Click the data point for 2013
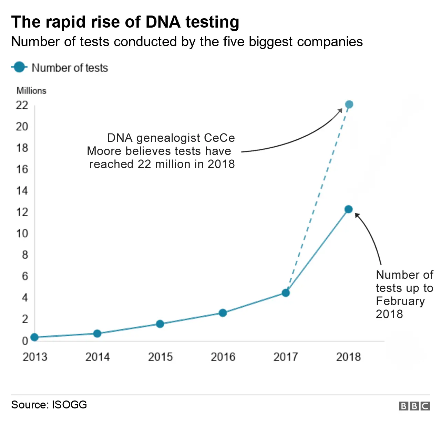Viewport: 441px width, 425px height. [x=34, y=337]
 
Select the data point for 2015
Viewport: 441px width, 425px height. [x=160, y=324]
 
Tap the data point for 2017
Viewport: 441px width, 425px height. [x=286, y=293]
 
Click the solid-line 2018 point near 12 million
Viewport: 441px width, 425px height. [x=348, y=209]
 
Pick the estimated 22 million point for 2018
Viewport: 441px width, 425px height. [x=349, y=105]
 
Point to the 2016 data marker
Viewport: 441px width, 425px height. [x=223, y=313]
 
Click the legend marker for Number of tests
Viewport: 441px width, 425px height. [x=19, y=67]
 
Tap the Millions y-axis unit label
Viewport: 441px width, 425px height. [x=31, y=91]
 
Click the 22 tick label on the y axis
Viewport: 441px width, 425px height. [x=22, y=105]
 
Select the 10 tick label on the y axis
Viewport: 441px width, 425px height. [x=22, y=234]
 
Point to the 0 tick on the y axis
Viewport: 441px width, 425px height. [x=25, y=341]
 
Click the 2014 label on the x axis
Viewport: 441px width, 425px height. [x=98, y=357]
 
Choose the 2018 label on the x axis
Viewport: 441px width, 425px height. [x=348, y=357]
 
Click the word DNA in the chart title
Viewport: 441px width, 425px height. [x=163, y=22]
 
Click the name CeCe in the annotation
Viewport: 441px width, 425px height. [x=219, y=138]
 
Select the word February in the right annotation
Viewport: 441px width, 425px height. [x=400, y=301]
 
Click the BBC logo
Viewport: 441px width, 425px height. [x=414, y=406]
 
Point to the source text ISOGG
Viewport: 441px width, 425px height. [x=69, y=405]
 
